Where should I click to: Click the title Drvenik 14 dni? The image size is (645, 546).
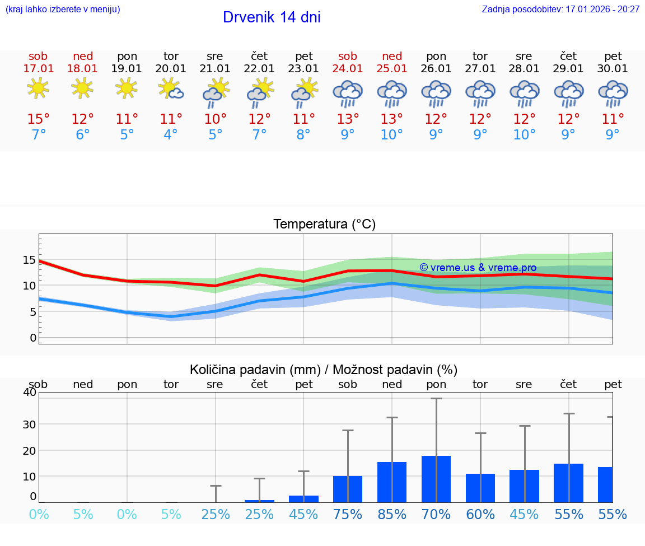[272, 17]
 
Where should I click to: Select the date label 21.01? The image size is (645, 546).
[215, 69]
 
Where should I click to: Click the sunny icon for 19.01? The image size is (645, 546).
[127, 88]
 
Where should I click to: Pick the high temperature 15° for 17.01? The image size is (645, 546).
[39, 119]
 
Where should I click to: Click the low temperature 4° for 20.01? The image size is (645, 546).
[171, 135]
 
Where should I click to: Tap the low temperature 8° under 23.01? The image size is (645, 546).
[303, 135]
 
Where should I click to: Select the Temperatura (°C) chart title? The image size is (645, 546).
[324, 225]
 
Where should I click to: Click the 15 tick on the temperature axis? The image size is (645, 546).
[29, 260]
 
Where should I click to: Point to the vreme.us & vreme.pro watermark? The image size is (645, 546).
[478, 268]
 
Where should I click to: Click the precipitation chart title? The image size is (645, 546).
[324, 370]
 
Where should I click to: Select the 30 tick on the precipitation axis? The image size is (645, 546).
[29, 424]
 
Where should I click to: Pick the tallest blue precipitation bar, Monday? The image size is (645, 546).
[436, 479]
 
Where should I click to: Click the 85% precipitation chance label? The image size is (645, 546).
[392, 514]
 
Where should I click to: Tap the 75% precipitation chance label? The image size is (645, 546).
[348, 514]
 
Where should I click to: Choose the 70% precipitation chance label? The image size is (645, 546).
[436, 514]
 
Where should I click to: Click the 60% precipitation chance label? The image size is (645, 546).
[480, 514]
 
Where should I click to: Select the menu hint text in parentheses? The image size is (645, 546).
[63, 9]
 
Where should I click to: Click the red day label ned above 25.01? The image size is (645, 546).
[392, 57]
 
